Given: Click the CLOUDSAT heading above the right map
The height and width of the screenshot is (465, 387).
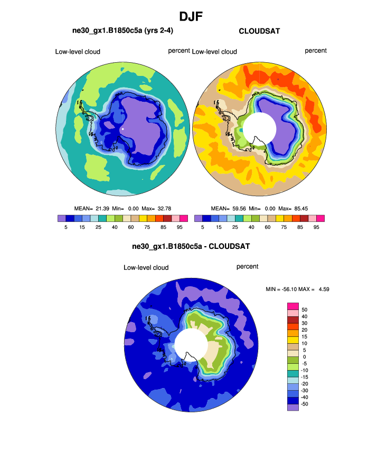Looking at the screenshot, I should click(x=259, y=32).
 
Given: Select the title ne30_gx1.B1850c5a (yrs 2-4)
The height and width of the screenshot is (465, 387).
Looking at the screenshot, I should click(x=122, y=31).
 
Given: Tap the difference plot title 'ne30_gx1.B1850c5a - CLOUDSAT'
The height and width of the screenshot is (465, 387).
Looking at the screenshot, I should click(x=191, y=246).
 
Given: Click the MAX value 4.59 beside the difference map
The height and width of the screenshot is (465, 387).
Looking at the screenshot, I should click(x=323, y=289).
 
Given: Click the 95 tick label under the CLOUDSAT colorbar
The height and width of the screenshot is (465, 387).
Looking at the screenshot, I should click(x=316, y=227).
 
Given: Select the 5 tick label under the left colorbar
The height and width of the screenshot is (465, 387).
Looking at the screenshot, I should click(x=66, y=227).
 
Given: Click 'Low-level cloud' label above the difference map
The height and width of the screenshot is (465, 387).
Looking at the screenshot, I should click(x=146, y=268).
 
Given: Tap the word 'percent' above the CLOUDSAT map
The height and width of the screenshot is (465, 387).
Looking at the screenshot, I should click(x=316, y=51).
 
